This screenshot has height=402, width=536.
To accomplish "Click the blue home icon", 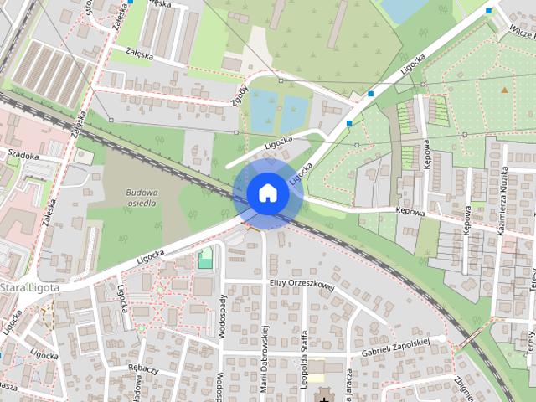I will coord(267,193).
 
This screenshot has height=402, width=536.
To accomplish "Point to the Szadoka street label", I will coord(23,154).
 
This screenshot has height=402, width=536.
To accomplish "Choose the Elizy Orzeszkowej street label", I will coord(302,284).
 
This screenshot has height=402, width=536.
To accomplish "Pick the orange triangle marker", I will coord(504,89).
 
